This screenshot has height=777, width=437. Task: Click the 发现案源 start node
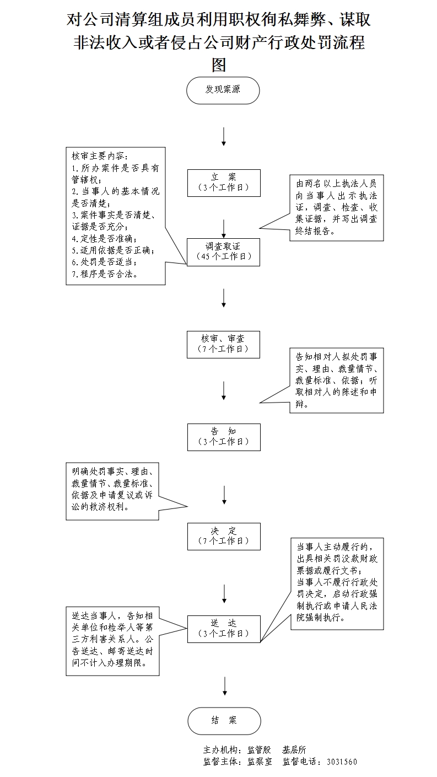223,90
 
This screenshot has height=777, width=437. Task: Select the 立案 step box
223,183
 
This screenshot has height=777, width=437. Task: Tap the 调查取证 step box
223,252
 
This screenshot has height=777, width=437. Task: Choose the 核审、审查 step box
223,344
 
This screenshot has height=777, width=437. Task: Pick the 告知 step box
223,437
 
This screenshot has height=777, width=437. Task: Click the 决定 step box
223,536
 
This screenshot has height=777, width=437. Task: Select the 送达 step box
223,628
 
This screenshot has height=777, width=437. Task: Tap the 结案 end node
223,721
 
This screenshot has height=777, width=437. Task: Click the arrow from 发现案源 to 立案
224,136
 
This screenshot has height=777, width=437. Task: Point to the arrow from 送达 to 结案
224,685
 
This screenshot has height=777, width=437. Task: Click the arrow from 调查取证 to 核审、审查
224,298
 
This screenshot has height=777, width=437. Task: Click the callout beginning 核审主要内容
116,216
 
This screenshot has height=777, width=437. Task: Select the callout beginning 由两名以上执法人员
336,207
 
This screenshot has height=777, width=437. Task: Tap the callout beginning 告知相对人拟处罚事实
336,380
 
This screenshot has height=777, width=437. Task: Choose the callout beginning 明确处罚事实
112,491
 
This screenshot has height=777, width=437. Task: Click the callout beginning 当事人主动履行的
336,583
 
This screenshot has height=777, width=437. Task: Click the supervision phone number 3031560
342,762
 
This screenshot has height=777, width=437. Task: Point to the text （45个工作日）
223,257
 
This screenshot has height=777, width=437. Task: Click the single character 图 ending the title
219,65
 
